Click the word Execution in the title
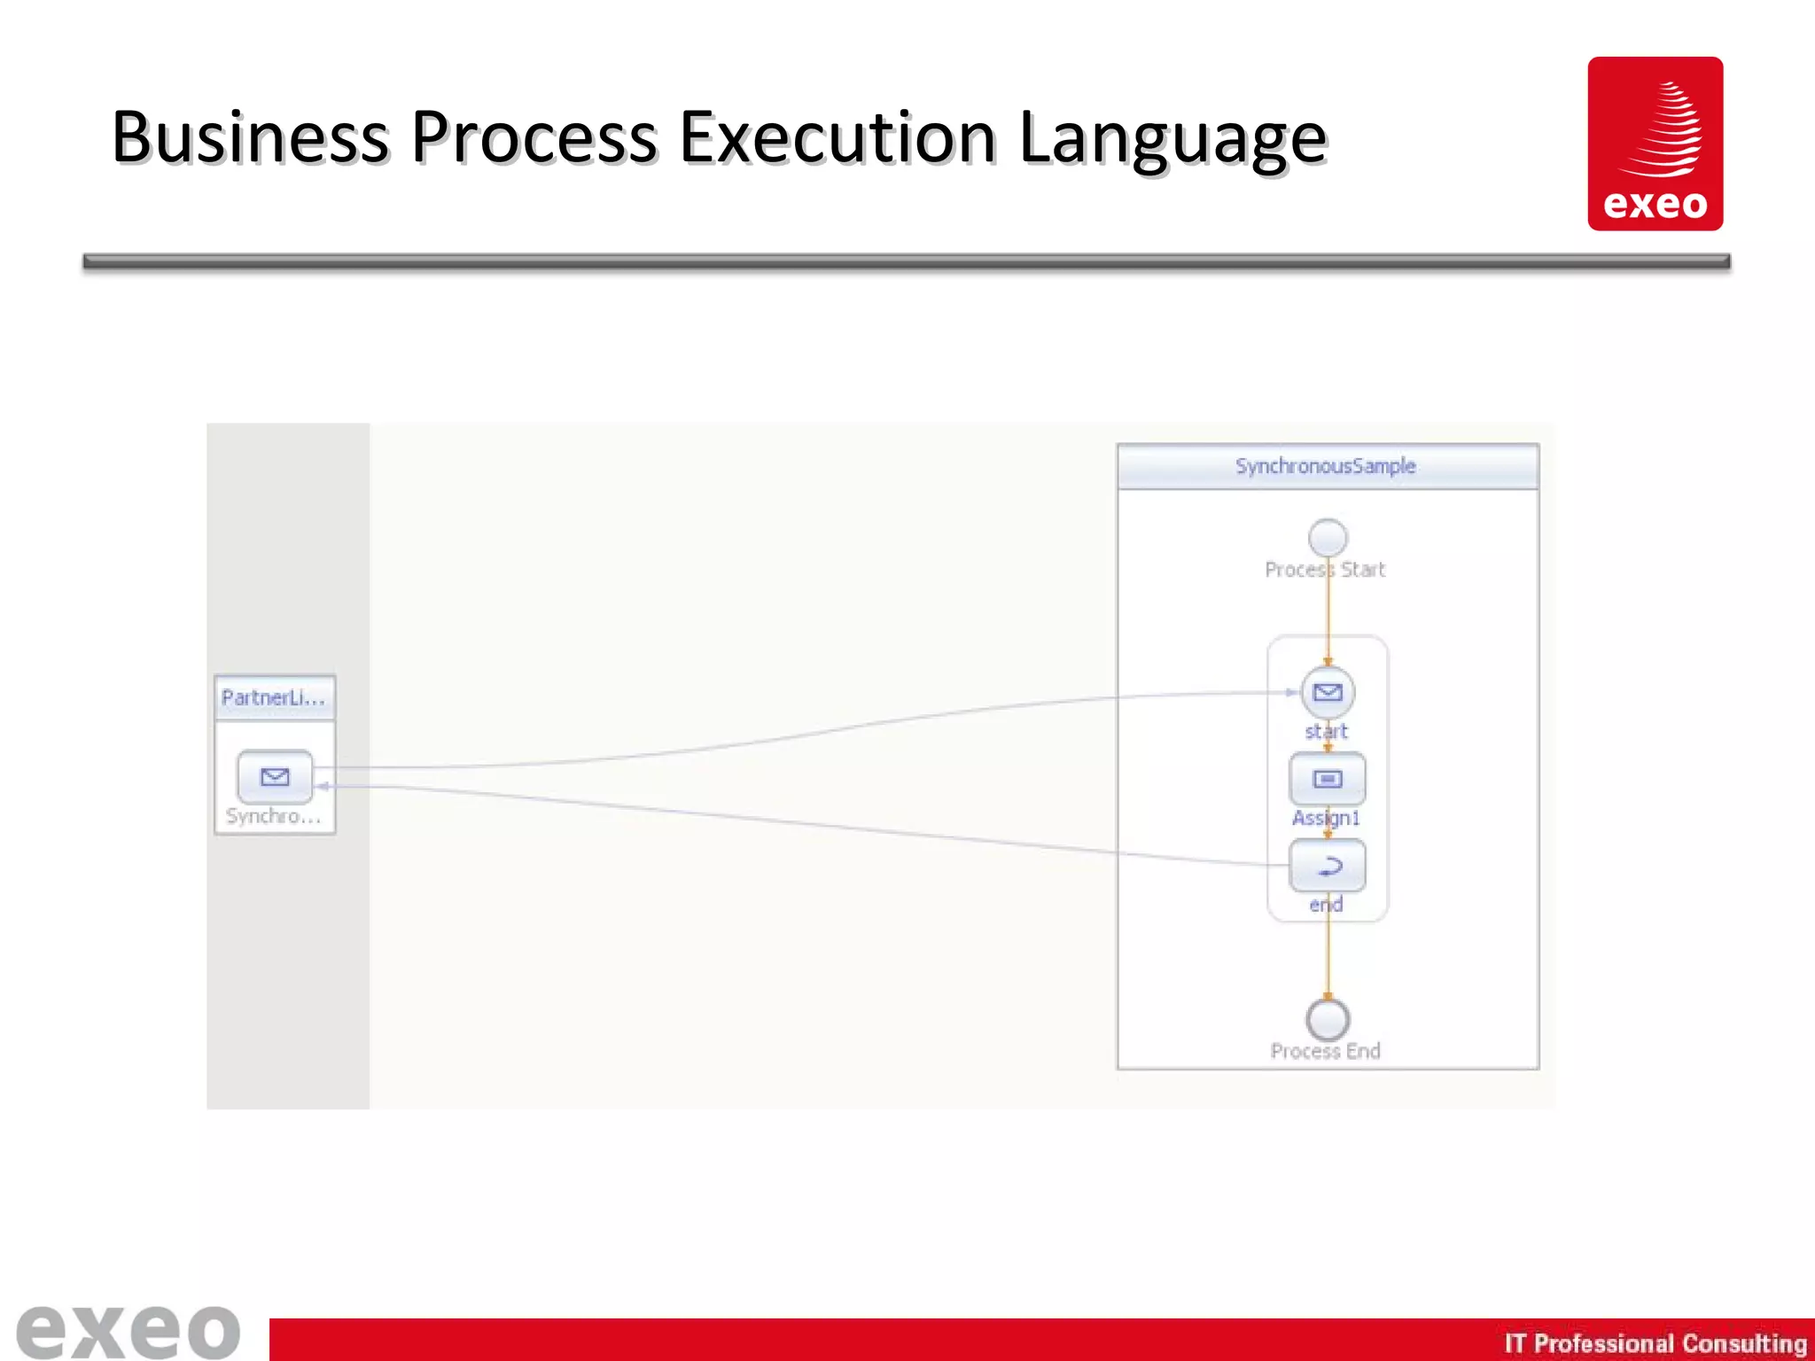click(837, 138)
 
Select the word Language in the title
click(1172, 140)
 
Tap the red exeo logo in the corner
click(1655, 144)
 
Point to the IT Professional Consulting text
click(1655, 1343)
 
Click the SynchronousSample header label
click(1326, 466)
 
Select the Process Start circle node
click(1328, 538)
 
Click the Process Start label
click(1325, 570)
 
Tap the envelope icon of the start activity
click(1328, 692)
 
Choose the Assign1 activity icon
click(1328, 779)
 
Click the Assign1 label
click(1326, 818)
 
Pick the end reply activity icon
click(1328, 866)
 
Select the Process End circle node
click(1328, 1020)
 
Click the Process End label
click(1325, 1052)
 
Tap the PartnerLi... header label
click(274, 698)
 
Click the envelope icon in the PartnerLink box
click(275, 777)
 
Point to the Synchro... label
click(274, 816)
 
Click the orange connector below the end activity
click(1328, 957)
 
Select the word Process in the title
click(534, 138)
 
